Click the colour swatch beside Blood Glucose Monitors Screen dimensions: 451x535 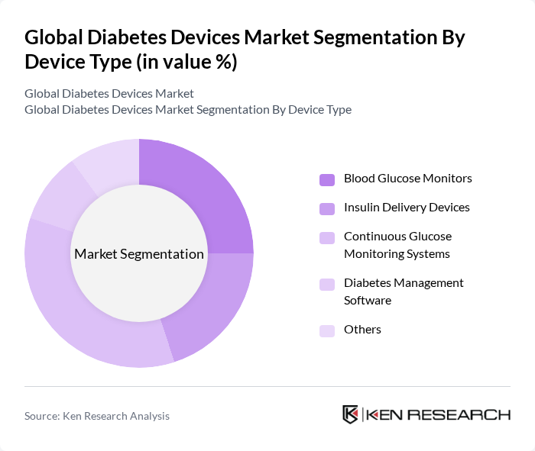point(327,179)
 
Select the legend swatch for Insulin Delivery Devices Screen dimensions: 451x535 point(327,208)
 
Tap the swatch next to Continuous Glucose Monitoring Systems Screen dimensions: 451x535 point(327,237)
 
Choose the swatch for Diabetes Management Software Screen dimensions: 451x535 point(327,284)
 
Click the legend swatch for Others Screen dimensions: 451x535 point(327,330)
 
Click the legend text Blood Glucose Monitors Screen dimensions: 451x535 point(407,179)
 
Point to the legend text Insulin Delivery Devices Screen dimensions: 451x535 point(407,208)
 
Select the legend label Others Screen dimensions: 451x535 point(362,330)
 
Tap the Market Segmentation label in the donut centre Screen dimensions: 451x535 point(139,254)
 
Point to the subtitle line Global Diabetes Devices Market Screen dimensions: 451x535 point(109,93)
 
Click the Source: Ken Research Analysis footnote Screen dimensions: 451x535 point(97,416)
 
